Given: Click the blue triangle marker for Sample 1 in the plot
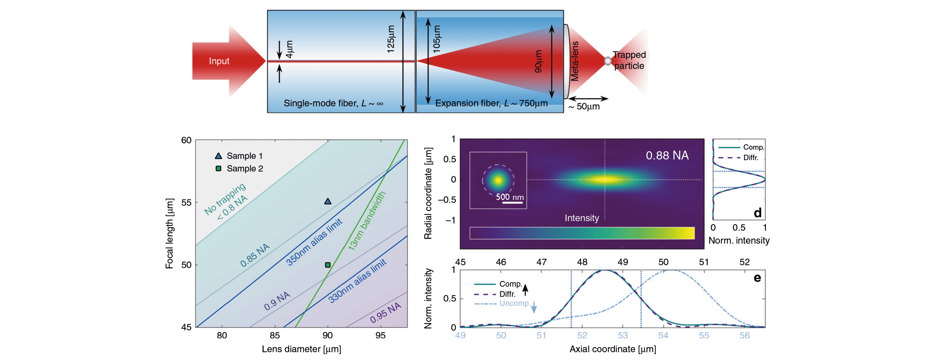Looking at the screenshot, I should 328,201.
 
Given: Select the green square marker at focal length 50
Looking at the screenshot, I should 328,265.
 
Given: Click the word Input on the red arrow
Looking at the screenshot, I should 219,61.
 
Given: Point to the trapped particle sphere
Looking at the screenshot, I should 608,61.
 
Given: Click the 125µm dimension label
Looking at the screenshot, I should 391,39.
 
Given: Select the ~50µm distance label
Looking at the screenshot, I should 584,107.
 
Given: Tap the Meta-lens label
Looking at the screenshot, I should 575,61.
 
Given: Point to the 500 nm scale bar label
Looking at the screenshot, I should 510,197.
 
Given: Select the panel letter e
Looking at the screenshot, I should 757,278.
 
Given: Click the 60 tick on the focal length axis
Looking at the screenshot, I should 186,140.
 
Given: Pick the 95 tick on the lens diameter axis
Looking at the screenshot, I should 380,335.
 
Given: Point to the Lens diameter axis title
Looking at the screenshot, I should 301,349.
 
